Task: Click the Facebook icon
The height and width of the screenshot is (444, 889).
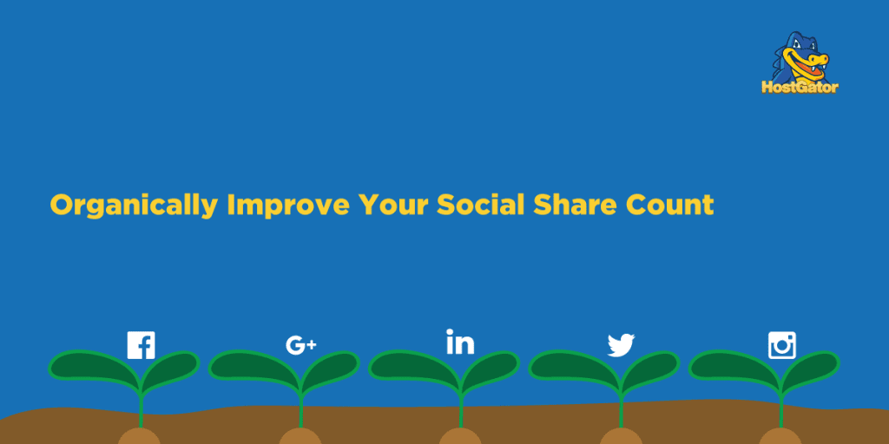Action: coord(141,345)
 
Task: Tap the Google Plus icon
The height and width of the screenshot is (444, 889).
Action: coord(300,345)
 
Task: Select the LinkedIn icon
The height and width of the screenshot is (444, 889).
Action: coord(460,342)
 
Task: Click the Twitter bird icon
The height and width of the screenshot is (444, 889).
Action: coord(621,345)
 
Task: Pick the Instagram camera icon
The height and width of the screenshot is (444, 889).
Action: coord(781,345)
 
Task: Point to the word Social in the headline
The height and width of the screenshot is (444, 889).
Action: coord(479,205)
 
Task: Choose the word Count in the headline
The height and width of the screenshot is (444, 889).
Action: coord(672,205)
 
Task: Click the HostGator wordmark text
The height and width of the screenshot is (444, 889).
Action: coord(800,87)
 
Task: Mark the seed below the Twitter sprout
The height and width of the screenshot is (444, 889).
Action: coord(621,436)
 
